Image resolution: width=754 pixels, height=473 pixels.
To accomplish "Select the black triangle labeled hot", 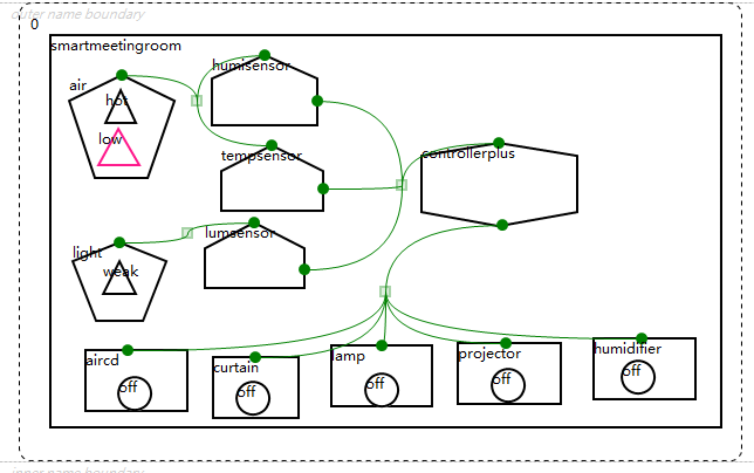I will pyautogui.click(x=121, y=110).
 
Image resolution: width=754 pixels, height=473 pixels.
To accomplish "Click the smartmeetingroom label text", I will pyautogui.click(x=116, y=46).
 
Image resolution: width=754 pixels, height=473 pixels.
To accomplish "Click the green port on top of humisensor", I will pyautogui.click(x=265, y=55).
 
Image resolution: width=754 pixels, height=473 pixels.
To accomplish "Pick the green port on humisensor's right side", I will pyautogui.click(x=317, y=101).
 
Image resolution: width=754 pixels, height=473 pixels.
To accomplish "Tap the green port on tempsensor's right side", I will pyautogui.click(x=323, y=188).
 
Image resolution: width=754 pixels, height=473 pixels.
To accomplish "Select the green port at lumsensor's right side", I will pyautogui.click(x=305, y=269).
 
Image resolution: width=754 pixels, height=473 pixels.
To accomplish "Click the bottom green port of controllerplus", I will pyautogui.click(x=502, y=225).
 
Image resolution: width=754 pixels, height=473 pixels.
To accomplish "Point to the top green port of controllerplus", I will pyautogui.click(x=499, y=143).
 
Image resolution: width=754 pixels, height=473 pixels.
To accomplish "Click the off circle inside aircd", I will pyautogui.click(x=134, y=393).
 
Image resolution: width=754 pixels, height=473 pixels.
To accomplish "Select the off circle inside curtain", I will pyautogui.click(x=253, y=398).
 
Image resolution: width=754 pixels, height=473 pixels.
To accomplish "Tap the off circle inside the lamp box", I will pyautogui.click(x=382, y=390).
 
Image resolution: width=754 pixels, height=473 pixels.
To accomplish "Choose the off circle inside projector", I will pyautogui.click(x=508, y=385).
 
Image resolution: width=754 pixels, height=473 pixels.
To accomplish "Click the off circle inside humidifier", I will pyautogui.click(x=638, y=377).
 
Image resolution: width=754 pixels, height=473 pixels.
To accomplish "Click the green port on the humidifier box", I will pyautogui.click(x=642, y=338).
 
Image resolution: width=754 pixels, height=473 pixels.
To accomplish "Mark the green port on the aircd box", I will pyautogui.click(x=128, y=350).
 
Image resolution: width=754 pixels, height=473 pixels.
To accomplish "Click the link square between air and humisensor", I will pyautogui.click(x=197, y=101).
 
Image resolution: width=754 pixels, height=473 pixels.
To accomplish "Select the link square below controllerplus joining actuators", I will pyautogui.click(x=385, y=291).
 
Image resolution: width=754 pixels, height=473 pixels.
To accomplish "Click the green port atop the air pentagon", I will pyautogui.click(x=122, y=75).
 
